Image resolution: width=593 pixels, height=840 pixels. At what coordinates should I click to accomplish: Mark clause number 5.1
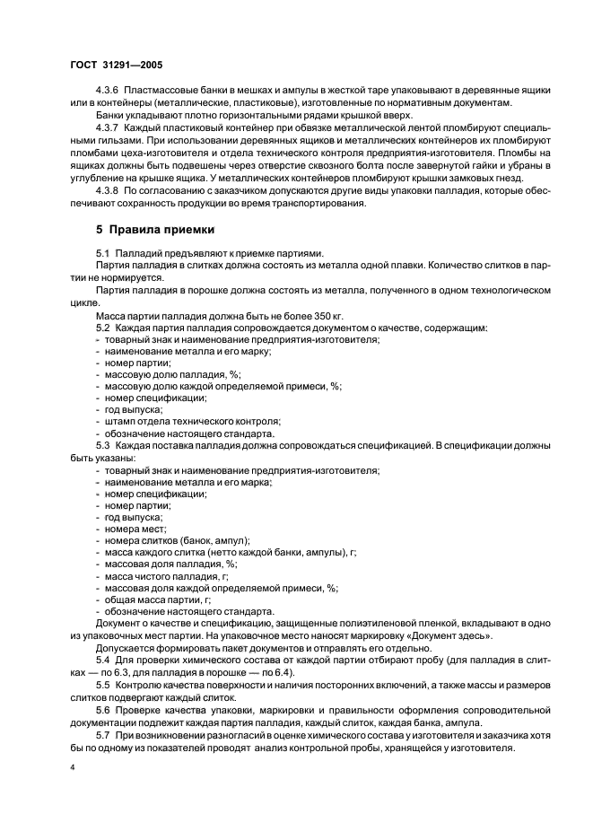pos(102,254)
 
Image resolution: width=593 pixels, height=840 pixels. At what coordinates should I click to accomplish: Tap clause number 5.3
pos(102,445)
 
